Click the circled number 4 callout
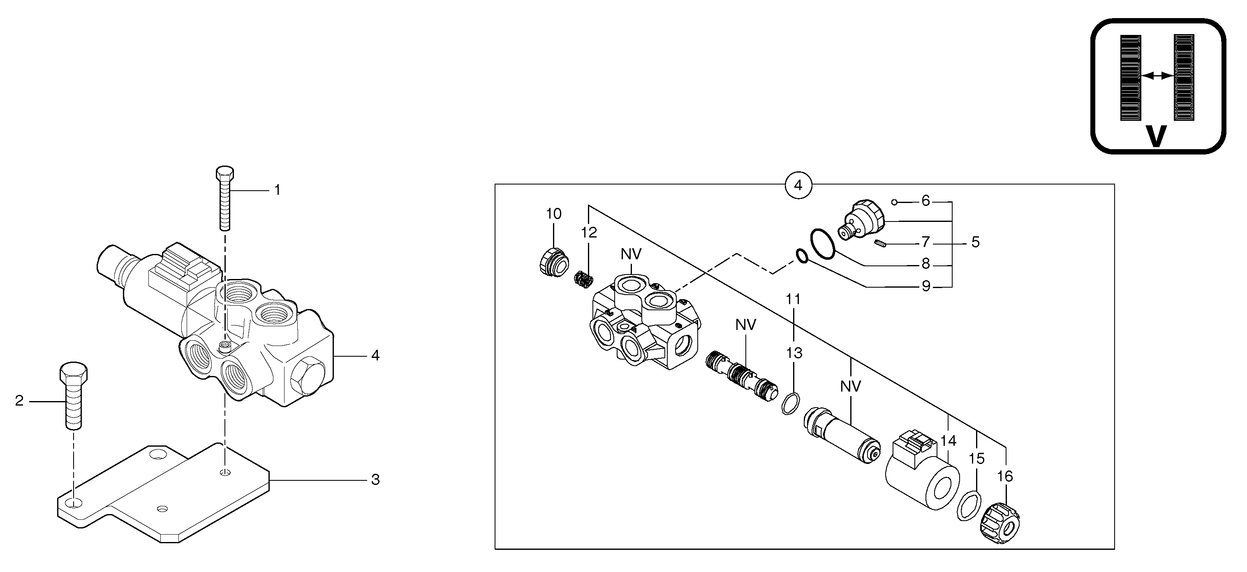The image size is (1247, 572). pyautogui.click(x=798, y=185)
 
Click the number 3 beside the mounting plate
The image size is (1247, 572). pyautogui.click(x=375, y=480)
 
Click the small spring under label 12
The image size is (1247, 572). pyautogui.click(x=584, y=280)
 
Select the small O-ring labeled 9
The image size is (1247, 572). pyautogui.click(x=801, y=256)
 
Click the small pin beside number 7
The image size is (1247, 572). pyautogui.click(x=881, y=244)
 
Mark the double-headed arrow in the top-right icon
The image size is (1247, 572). pyautogui.click(x=1157, y=76)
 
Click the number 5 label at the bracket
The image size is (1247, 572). pyautogui.click(x=975, y=242)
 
